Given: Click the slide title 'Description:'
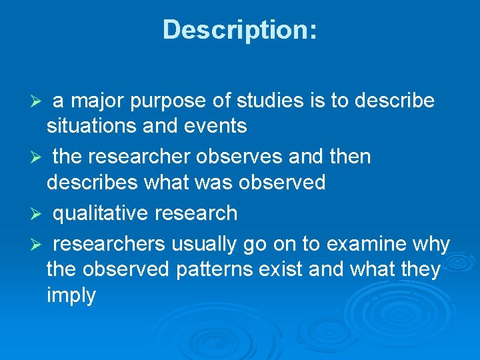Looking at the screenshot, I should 240,30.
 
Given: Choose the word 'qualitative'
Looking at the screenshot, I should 101,213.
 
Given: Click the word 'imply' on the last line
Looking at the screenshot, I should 71,295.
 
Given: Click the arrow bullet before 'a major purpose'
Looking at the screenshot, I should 38,101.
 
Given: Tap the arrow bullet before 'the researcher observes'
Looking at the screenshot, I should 38,158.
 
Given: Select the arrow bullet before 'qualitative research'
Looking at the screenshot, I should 38,214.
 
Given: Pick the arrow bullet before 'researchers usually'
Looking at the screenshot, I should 38,245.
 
